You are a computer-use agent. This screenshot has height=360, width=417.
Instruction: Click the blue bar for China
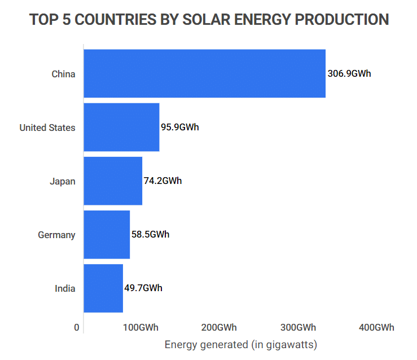[x=204, y=73]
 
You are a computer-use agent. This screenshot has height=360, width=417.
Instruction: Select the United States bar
[x=121, y=127]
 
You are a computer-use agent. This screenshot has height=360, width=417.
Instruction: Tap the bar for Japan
[x=113, y=181]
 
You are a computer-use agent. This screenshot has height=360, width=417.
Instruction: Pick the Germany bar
[x=107, y=235]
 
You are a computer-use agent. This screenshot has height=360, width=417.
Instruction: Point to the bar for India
[x=103, y=288]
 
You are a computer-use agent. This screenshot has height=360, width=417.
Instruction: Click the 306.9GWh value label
[x=349, y=73]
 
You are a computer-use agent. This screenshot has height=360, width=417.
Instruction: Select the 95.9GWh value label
[x=180, y=127]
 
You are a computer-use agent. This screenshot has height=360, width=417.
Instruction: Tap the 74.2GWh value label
[x=163, y=181]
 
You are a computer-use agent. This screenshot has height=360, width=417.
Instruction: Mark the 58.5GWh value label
[x=151, y=235]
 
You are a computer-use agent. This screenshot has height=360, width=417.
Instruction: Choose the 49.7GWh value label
[x=143, y=288]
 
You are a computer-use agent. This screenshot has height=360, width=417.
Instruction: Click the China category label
[x=63, y=74]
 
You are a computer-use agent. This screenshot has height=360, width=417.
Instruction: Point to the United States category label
[x=47, y=128]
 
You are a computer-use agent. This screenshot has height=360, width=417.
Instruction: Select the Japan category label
[x=62, y=182]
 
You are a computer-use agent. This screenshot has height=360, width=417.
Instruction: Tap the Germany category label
[x=56, y=235]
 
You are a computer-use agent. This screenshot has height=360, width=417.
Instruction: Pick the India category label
[x=65, y=288]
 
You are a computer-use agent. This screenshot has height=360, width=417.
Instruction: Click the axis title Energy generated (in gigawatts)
[x=241, y=344]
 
